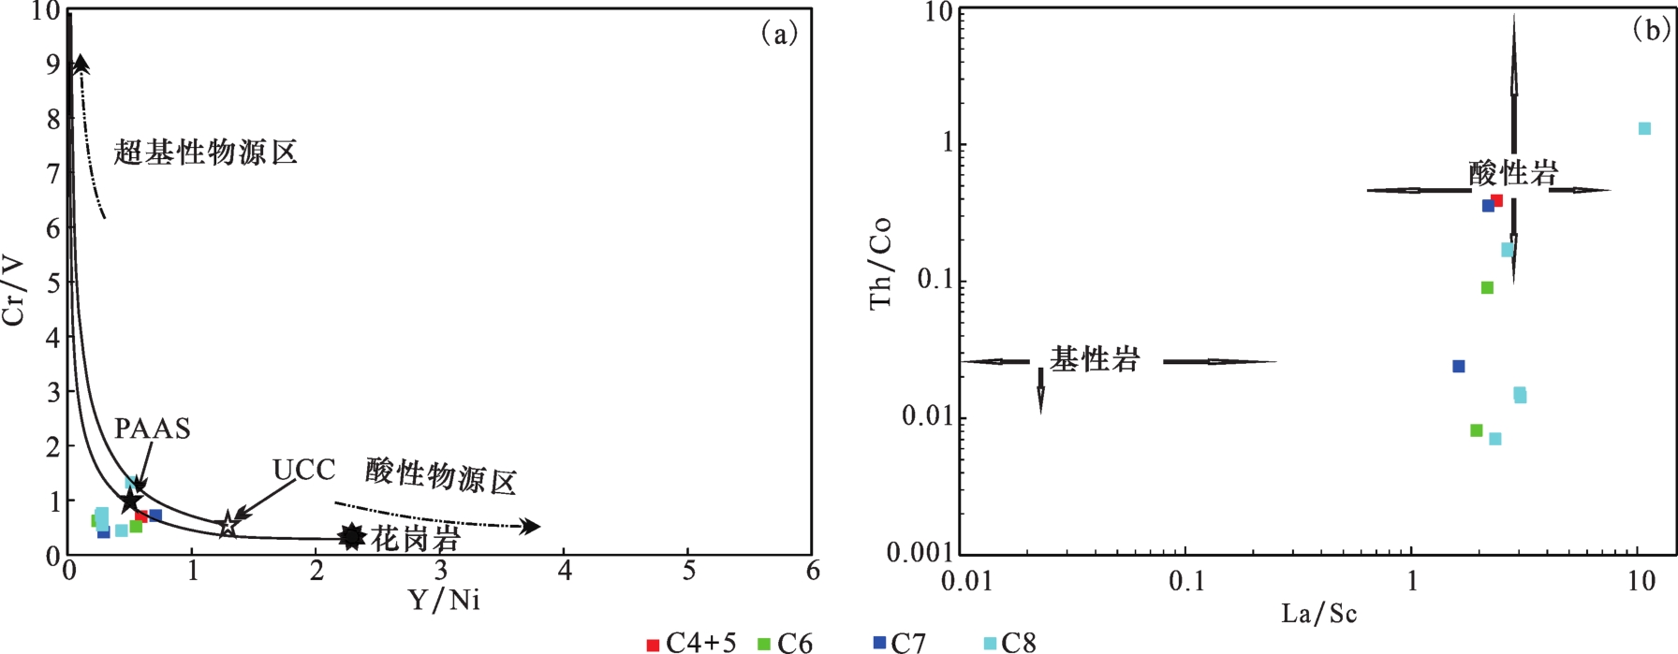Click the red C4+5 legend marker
tap(653, 645)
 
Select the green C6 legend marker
tap(764, 645)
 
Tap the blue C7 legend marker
tap(879, 643)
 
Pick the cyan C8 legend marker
tap(990, 644)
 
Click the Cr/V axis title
tap(15, 280)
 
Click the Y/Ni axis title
tap(444, 600)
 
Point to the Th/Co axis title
tap(880, 263)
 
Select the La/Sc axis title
tap(1318, 614)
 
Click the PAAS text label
tap(153, 429)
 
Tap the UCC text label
tap(304, 470)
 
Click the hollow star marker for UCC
tap(228, 525)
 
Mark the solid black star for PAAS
tap(129, 500)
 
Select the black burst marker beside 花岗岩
tap(351, 537)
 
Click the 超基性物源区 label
tap(206, 152)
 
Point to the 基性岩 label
tap(1094, 359)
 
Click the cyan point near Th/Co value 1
tap(1644, 128)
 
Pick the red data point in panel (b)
tap(1496, 200)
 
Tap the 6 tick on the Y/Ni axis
tap(812, 570)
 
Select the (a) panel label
tap(779, 35)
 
